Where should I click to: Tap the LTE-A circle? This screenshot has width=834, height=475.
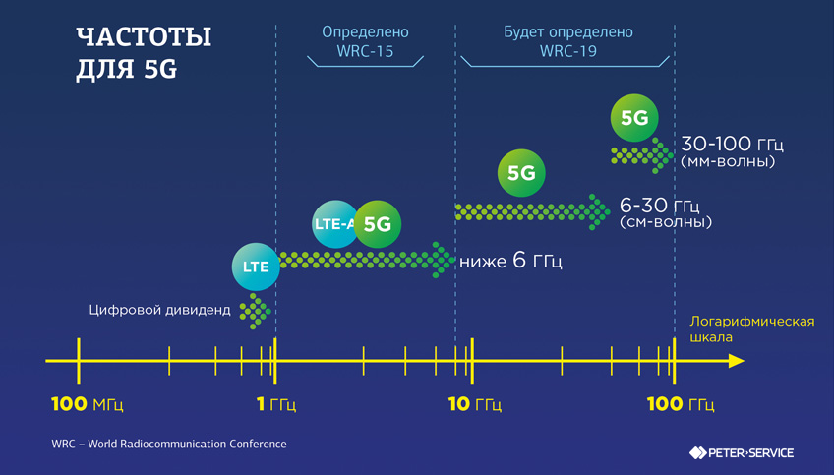(x=334, y=224)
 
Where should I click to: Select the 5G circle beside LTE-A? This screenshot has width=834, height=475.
(x=377, y=224)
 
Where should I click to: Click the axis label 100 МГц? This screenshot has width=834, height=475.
(x=88, y=404)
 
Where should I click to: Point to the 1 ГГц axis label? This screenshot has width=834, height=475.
(x=276, y=404)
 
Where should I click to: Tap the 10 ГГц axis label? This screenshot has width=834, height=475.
(x=475, y=404)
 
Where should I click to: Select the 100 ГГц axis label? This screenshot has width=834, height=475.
(x=680, y=404)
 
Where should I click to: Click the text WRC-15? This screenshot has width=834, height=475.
(x=365, y=51)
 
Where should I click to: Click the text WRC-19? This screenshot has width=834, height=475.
(x=568, y=51)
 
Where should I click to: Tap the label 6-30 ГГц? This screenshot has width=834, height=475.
(x=658, y=206)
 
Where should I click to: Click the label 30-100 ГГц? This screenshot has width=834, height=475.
(x=732, y=145)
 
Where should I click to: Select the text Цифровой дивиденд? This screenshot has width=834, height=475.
(x=159, y=311)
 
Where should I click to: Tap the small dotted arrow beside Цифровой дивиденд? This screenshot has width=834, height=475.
(x=256, y=312)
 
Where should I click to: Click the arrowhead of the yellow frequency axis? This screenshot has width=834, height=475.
(x=736, y=361)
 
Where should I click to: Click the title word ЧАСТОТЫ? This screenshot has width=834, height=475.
(x=144, y=37)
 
